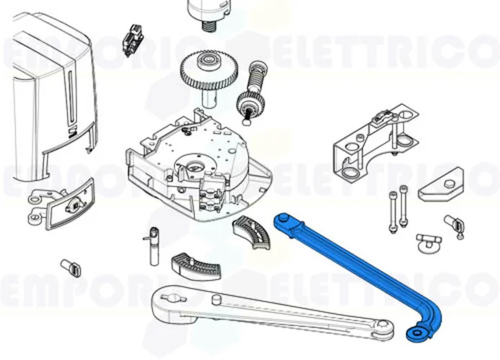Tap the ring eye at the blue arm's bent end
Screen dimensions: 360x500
[416, 333]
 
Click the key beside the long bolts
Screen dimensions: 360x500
[455, 223]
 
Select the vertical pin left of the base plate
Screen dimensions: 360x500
[153, 245]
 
